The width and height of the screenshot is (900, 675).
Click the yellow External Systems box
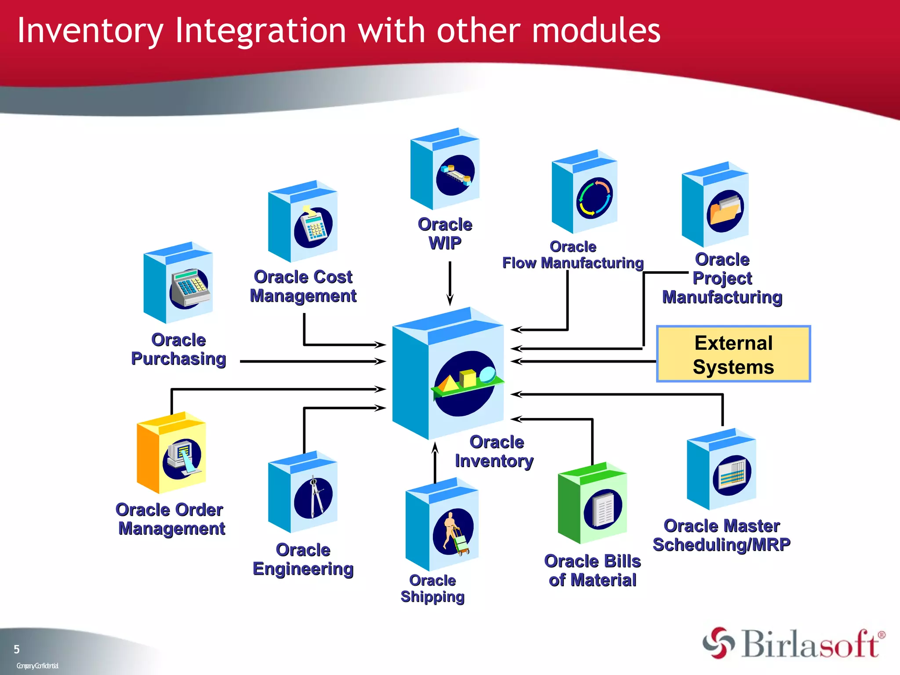click(x=733, y=354)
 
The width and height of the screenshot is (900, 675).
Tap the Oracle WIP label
click(x=445, y=233)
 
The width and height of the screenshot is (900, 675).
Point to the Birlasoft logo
click(x=794, y=643)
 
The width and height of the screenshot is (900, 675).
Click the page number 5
click(x=17, y=650)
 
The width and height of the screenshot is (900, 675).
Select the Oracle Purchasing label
click(x=178, y=349)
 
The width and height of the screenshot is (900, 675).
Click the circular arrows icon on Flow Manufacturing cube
click(x=594, y=198)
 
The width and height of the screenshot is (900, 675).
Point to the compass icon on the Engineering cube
click(x=314, y=497)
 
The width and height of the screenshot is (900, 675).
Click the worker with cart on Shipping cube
click(x=454, y=532)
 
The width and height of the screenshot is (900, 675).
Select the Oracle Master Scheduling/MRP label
click(x=722, y=535)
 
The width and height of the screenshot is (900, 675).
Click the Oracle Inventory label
click(x=495, y=451)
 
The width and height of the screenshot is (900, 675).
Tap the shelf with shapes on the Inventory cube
click(x=466, y=383)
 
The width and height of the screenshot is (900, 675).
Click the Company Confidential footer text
click(x=37, y=666)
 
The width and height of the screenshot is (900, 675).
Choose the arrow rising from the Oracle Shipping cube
click(x=435, y=461)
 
